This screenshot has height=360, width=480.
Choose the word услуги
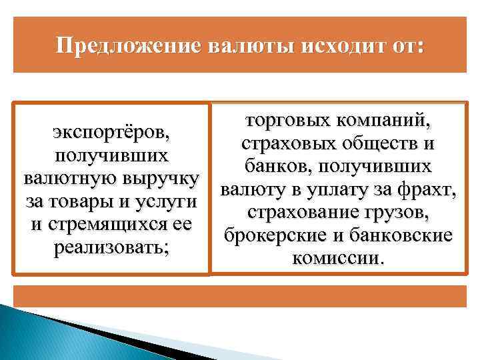pyautogui.click(x=166, y=201)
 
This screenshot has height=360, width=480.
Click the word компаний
pyautogui.click(x=381, y=121)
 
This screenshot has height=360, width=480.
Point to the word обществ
pyautogui.click(x=375, y=143)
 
